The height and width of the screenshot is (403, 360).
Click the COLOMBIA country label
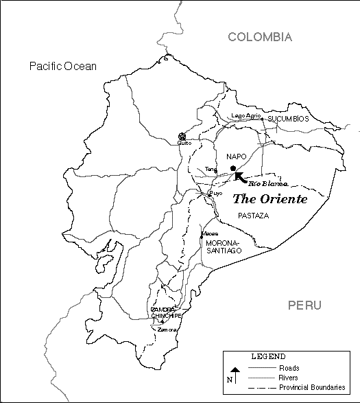coord(260,37)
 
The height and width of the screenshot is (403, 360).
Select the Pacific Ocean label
coord(63,67)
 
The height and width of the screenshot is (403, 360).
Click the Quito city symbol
coord(182,137)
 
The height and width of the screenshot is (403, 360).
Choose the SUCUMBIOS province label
coord(288,119)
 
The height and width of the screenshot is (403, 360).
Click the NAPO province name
coord(236,157)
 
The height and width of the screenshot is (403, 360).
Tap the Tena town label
coord(211,168)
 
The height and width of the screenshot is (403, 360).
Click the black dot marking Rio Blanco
coord(233,168)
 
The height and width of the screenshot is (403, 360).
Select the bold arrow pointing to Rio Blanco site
coord(241,177)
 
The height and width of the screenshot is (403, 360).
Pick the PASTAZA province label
coord(253,216)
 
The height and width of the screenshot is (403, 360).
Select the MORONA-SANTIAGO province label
coord(224,247)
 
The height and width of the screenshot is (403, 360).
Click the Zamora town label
coord(167,330)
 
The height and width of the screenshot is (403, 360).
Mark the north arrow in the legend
coord(233,375)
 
